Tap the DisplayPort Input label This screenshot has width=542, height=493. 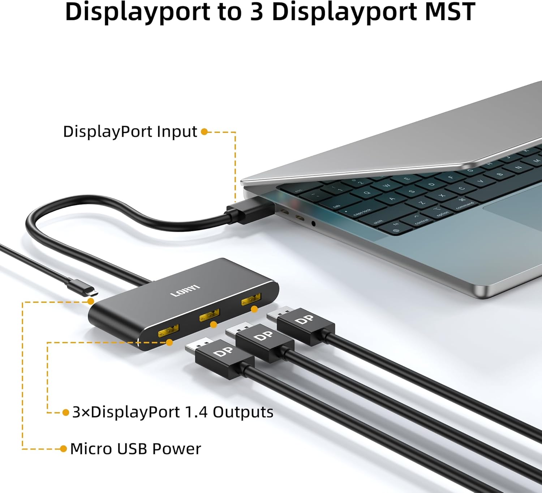130,132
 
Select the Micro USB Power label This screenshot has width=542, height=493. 135,449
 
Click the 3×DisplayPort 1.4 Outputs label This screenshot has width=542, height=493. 173,412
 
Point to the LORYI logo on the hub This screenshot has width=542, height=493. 185,291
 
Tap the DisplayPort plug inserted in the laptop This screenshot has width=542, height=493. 249,211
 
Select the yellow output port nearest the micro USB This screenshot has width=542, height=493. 168,330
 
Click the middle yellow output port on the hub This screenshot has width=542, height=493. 210,315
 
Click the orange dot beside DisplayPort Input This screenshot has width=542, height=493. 204,132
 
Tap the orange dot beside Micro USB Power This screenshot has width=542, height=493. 64,449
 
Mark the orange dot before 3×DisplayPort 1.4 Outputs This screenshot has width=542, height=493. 66,412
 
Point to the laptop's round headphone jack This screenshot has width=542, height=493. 313,224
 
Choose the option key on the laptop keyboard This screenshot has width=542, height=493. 442,213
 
